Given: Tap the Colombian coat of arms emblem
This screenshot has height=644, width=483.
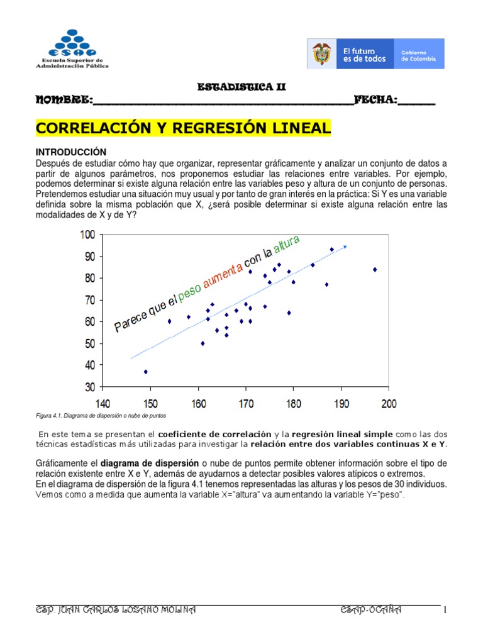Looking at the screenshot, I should pyautogui.click(x=321, y=54).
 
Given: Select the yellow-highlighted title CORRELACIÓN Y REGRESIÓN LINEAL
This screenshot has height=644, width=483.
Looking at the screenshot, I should pyautogui.click(x=183, y=128).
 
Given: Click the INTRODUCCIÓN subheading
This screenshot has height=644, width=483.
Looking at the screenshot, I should pyautogui.click(x=71, y=152).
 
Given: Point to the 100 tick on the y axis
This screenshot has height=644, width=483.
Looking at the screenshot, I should pyautogui.click(x=87, y=235).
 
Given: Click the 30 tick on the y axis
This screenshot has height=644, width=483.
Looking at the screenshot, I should pyautogui.click(x=89, y=387).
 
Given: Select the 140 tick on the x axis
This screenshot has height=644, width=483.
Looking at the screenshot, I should pyautogui.click(x=103, y=403).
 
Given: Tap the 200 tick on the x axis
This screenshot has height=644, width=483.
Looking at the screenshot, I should pyautogui.click(x=389, y=403).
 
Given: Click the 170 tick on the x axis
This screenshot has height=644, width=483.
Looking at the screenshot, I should pyautogui.click(x=246, y=403).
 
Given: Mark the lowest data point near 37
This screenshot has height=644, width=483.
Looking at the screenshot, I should pyautogui.click(x=145, y=372).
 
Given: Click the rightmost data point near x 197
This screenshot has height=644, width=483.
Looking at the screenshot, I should pyautogui.click(x=375, y=269).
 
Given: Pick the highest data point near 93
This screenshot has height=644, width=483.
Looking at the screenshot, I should pyautogui.click(x=332, y=250).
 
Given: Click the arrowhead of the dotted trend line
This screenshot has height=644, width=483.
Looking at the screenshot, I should pyautogui.click(x=345, y=246).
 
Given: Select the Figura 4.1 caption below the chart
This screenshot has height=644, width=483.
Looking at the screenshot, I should pyautogui.click(x=101, y=416).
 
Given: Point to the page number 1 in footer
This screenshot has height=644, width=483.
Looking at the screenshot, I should pyautogui.click(x=444, y=610).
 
